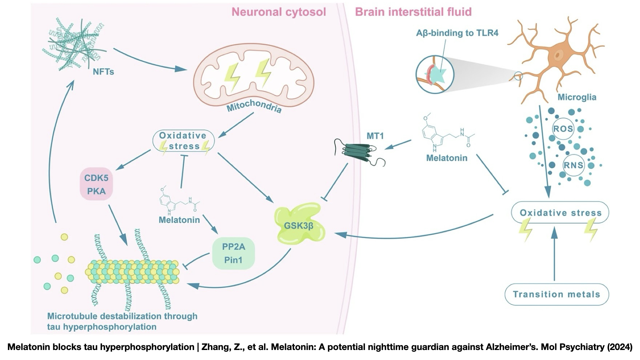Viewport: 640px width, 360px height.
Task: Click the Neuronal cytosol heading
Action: (x=279, y=12)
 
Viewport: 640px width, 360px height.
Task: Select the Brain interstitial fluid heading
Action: (x=413, y=12)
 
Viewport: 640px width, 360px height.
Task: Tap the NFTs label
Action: (x=103, y=72)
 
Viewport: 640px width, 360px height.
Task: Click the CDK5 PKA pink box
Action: (x=96, y=184)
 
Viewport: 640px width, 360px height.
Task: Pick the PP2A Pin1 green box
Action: (x=233, y=253)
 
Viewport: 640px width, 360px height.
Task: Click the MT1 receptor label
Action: (x=375, y=136)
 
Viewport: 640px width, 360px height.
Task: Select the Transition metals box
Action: (x=557, y=294)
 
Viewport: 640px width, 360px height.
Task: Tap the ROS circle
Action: (x=563, y=129)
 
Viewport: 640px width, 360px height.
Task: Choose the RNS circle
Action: (x=573, y=165)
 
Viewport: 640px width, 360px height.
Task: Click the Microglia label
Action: (x=577, y=97)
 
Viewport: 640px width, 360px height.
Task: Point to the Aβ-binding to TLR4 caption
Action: (x=457, y=33)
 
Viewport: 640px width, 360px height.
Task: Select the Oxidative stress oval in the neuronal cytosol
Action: (x=183, y=141)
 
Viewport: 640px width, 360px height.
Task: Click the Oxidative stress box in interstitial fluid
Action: (x=560, y=213)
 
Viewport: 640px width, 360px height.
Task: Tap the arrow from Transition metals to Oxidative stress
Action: (x=554, y=255)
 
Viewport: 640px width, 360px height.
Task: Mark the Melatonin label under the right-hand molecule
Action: (x=447, y=158)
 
